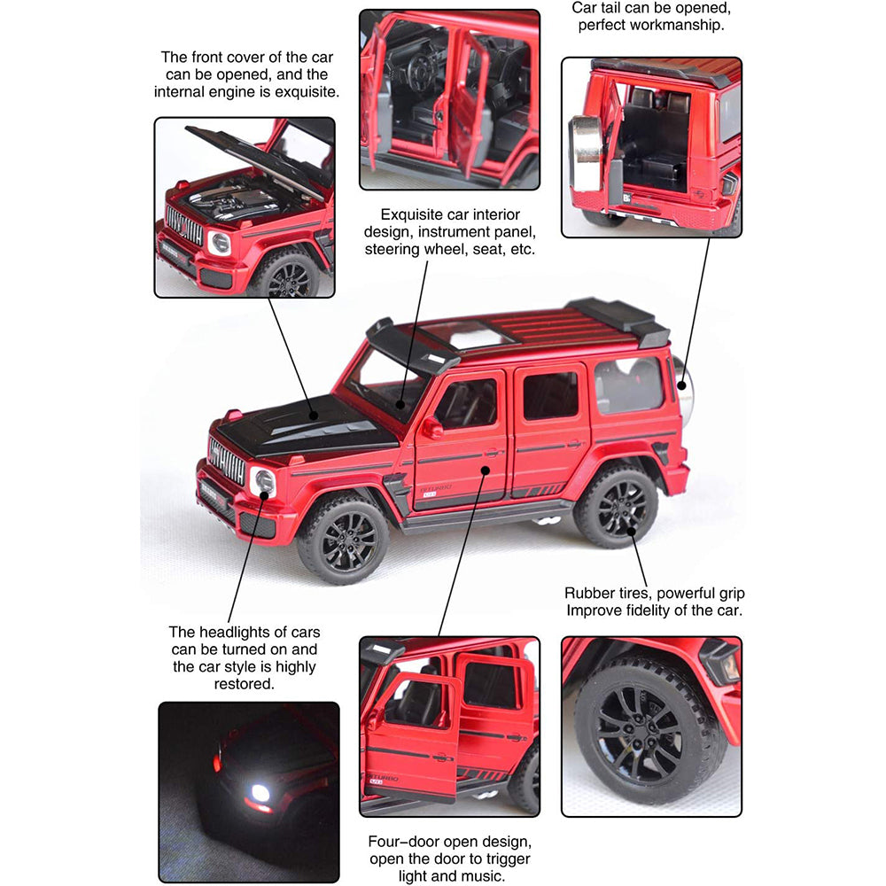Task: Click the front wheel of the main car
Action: pos(342,539)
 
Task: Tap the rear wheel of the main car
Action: pos(617,506)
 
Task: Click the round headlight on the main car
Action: pos(262,482)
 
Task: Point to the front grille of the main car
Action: pos(227,462)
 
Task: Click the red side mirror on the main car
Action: pos(431,427)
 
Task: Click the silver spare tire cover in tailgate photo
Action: pos(586,154)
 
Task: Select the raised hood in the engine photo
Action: pos(253,154)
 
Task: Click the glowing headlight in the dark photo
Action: pos(260,791)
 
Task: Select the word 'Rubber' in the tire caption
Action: pos(591,593)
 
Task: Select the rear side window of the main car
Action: pos(628,385)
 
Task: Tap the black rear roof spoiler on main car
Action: pos(620,319)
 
